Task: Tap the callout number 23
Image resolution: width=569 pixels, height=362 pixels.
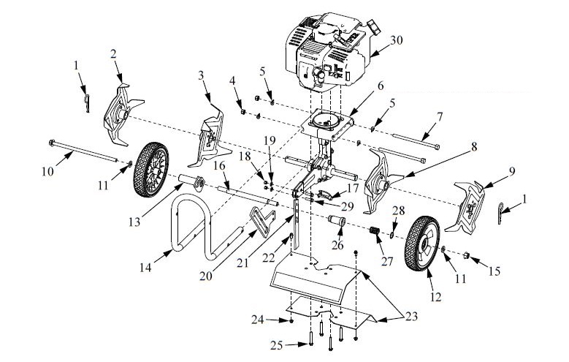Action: pyautogui.click(x=410, y=315)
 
